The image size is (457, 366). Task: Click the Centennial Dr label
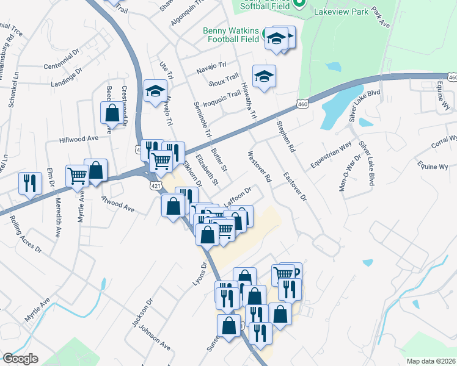coord(62,65)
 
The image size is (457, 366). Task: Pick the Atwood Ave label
coord(117,204)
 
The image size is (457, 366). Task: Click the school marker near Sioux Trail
coord(264,76)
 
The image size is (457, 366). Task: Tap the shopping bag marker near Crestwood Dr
coord(112,112)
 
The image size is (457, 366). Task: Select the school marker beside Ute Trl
coord(155,91)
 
